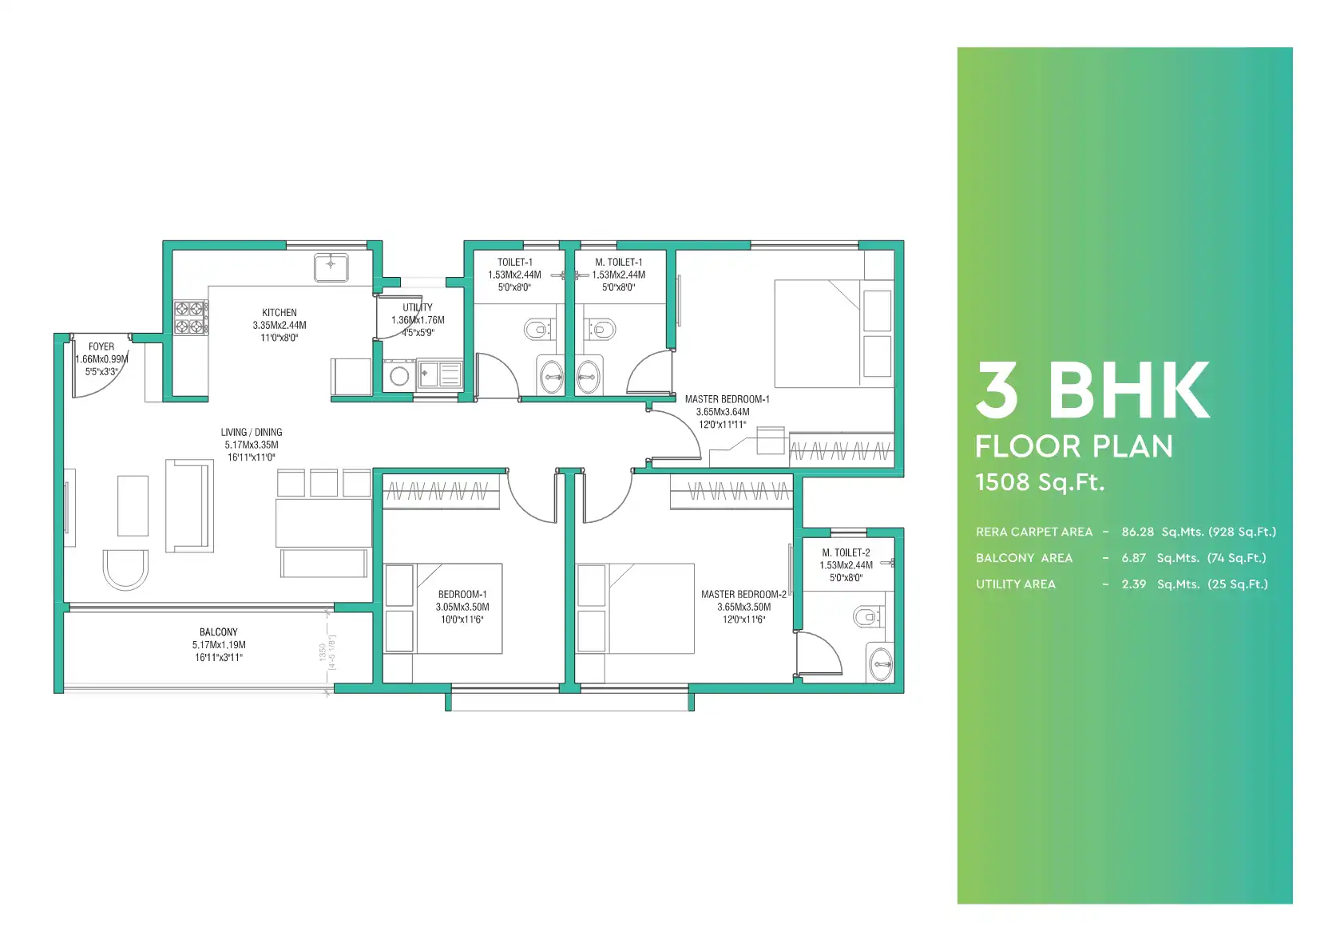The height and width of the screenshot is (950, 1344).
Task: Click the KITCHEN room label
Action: tap(279, 312)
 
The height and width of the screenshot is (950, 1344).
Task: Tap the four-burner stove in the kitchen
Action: tap(190, 318)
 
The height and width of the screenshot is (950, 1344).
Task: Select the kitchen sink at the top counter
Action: tap(331, 267)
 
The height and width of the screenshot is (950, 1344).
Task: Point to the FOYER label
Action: tap(101, 346)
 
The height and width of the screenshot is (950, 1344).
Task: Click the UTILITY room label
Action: tap(418, 307)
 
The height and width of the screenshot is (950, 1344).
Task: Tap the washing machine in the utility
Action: tap(399, 375)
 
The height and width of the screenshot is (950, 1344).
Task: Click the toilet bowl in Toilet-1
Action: tap(538, 329)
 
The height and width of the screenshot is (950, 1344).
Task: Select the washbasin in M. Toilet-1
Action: tap(588, 377)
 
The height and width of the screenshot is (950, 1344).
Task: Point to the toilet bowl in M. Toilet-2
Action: tap(867, 616)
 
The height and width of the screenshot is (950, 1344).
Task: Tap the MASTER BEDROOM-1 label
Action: tap(728, 399)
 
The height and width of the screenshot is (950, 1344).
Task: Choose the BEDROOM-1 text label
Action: tap(462, 595)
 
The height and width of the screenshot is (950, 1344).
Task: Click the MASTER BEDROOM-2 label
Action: tap(744, 595)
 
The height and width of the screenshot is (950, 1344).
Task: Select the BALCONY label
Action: tap(218, 632)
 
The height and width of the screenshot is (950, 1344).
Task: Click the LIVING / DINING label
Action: tap(252, 432)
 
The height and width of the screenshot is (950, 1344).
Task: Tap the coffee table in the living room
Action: tap(133, 505)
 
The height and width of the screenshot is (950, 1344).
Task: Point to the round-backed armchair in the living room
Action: tap(125, 570)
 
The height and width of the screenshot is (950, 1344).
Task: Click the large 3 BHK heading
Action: tap(1092, 390)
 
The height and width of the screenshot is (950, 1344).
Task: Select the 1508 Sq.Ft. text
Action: tap(1040, 482)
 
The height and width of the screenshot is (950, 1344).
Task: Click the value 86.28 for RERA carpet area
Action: tap(1138, 532)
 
